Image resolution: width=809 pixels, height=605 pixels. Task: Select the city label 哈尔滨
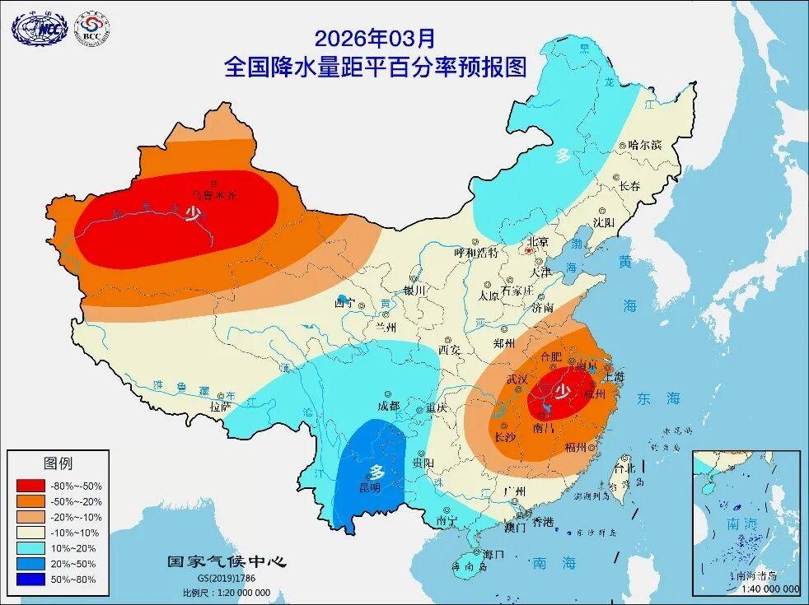pyautogui.click(x=644, y=144)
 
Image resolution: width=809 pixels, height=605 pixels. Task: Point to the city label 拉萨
pyautogui.click(x=220, y=406)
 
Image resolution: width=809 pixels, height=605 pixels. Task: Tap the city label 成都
pyautogui.click(x=388, y=406)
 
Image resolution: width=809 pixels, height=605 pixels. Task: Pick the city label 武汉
pyautogui.click(x=517, y=379)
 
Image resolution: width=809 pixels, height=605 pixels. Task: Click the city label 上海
pyautogui.click(x=615, y=376)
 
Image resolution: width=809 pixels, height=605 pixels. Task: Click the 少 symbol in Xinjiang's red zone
pyautogui.click(x=192, y=214)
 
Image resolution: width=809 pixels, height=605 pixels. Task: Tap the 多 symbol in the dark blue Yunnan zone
pyautogui.click(x=376, y=472)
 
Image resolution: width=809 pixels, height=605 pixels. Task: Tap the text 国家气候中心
pyautogui.click(x=227, y=562)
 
